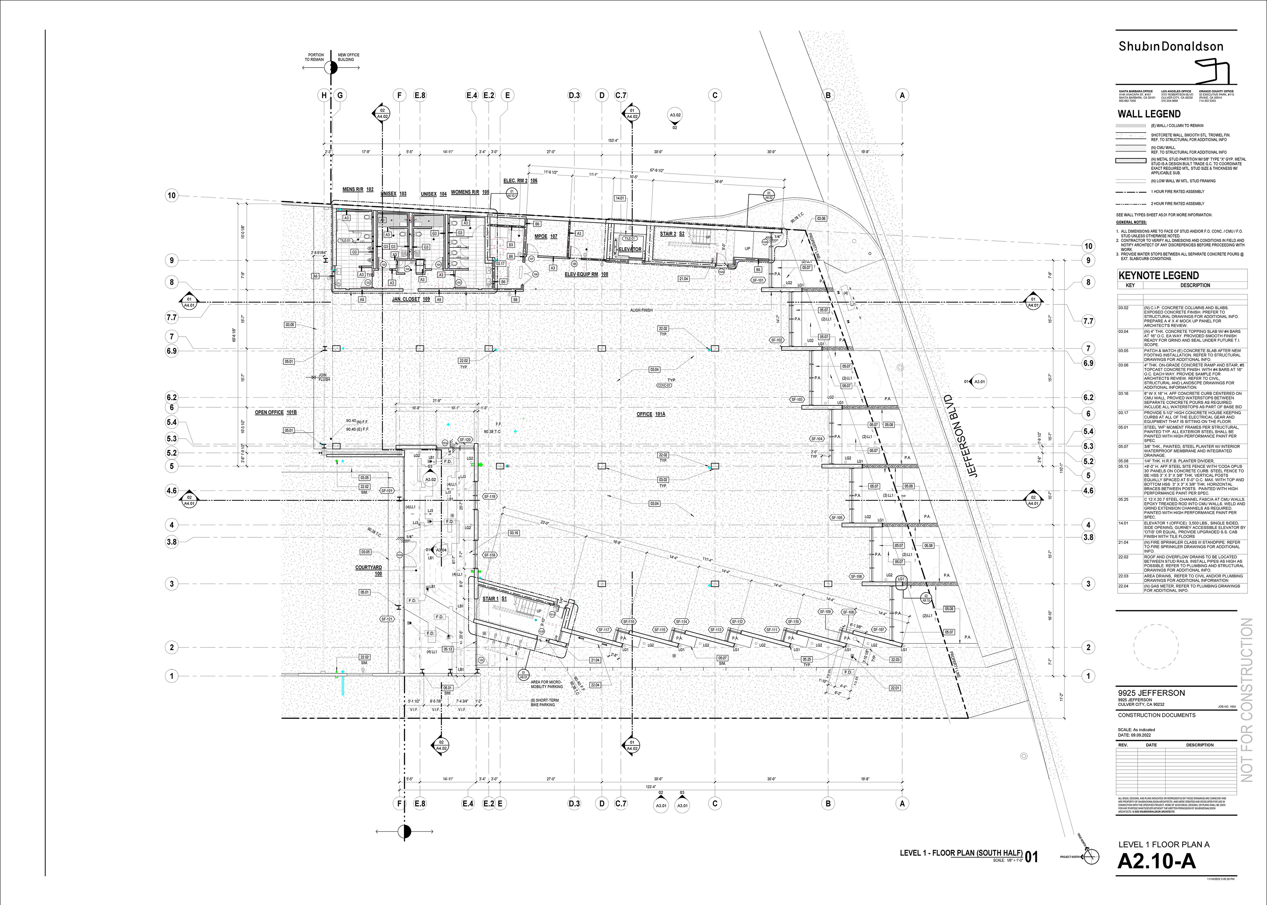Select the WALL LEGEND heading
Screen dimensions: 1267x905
(x=1149, y=114)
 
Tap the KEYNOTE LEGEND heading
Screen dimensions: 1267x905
(x=1158, y=275)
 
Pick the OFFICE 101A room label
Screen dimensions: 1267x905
(x=651, y=414)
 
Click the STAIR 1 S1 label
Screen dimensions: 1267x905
(x=494, y=598)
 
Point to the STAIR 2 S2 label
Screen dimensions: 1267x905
(x=672, y=234)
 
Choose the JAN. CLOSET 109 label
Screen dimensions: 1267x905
(x=411, y=299)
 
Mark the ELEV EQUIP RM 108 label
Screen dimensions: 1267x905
(x=586, y=274)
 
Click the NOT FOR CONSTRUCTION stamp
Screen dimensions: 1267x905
(x=1247, y=700)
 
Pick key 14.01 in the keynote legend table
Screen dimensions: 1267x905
(x=1123, y=523)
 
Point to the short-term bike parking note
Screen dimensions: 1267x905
(x=543, y=702)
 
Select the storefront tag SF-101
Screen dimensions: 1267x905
(x=758, y=280)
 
